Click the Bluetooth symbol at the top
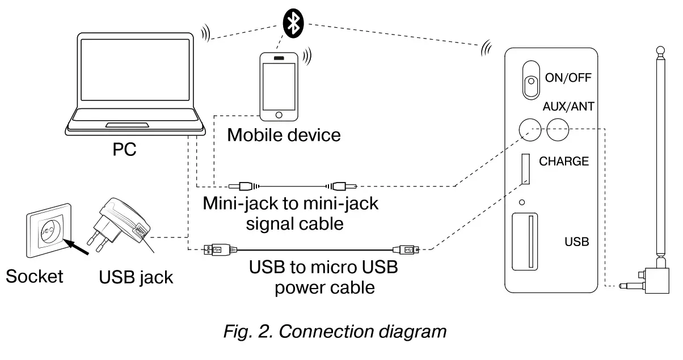click(293, 22)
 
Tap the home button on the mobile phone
click(278, 115)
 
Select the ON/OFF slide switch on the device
click(530, 79)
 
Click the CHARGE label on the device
click(563, 162)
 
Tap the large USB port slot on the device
click(526, 241)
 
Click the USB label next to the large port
click(577, 242)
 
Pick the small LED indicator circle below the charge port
click(522, 201)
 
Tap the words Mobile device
click(284, 135)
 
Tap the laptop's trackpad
click(128, 124)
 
